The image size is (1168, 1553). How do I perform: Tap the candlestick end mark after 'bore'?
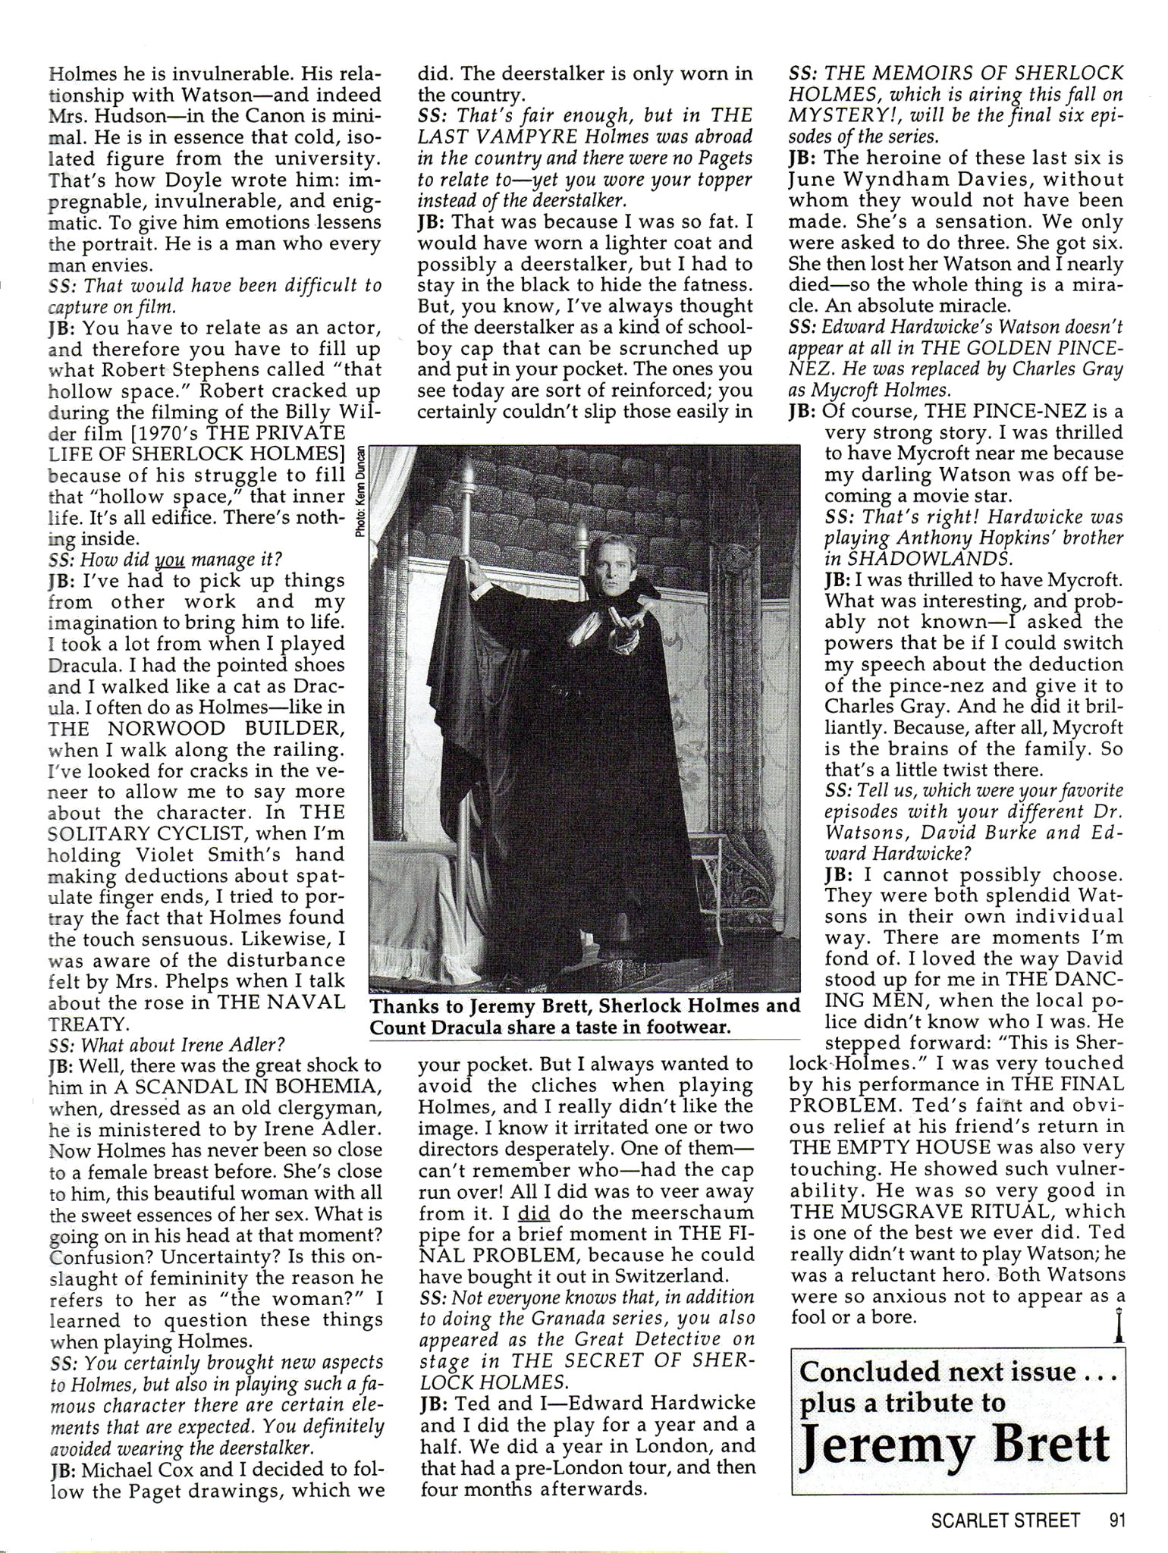coord(1119,1325)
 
